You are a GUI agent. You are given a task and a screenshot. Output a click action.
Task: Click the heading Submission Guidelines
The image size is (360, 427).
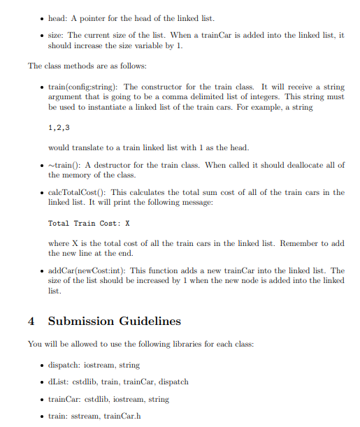tap(114, 321)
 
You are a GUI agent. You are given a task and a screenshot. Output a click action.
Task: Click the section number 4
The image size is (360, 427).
tap(31, 321)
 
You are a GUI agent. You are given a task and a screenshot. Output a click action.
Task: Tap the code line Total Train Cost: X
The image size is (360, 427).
tap(89, 224)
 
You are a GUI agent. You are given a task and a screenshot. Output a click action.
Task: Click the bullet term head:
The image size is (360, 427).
tap(58, 17)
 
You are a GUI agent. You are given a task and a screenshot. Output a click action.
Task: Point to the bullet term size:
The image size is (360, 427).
tap(57, 34)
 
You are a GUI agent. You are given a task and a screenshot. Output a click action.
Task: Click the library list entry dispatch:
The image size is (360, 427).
tap(66, 365)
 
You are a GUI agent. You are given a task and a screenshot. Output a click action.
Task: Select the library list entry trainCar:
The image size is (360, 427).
tap(66, 400)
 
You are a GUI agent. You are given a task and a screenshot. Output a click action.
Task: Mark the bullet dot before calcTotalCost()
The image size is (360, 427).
tap(42, 192)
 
